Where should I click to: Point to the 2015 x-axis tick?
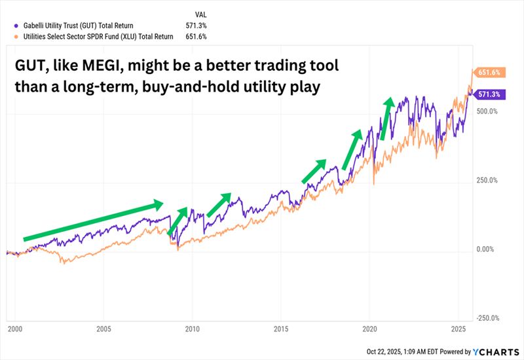[281, 328]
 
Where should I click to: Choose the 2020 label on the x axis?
[370, 328]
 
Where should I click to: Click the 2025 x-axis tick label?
[458, 328]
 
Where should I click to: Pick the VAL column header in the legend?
[202, 13]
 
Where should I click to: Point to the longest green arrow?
[92, 221]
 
